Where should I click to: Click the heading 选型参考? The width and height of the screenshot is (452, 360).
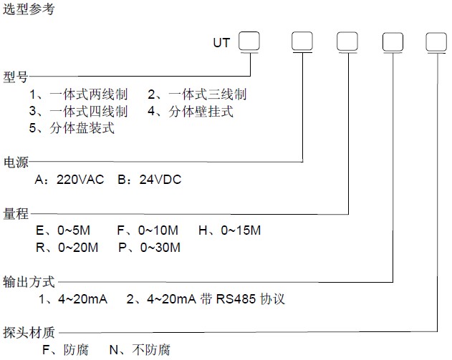[x=29, y=9]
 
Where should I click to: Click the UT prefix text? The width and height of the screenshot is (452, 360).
[x=221, y=43]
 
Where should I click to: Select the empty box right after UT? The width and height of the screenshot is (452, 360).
[x=249, y=41]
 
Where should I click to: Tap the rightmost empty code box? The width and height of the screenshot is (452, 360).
[x=436, y=42]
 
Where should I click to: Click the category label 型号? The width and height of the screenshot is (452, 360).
[x=16, y=77]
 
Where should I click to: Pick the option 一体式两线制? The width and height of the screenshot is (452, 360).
[x=89, y=94]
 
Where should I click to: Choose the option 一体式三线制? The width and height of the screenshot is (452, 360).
[x=208, y=94]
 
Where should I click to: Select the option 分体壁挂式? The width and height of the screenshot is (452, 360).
[x=201, y=111]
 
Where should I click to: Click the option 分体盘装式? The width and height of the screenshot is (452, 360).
[x=82, y=128]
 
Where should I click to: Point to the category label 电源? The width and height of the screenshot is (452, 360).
[x=16, y=162]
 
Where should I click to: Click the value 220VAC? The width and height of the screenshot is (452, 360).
[x=80, y=180]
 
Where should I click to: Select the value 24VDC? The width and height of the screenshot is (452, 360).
[x=160, y=180]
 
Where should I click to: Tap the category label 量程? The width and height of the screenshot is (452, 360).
[x=16, y=214]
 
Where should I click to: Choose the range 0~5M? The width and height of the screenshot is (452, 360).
[x=74, y=230]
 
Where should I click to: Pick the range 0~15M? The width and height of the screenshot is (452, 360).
[x=241, y=230]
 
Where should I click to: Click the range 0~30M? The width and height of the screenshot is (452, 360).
[x=160, y=248]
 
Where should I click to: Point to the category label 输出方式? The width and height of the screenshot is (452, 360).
[x=29, y=282]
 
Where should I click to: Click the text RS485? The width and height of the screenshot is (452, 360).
[x=236, y=299]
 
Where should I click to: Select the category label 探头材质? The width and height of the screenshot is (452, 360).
[x=29, y=333]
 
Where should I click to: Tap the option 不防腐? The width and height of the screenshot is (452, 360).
[x=151, y=350]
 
